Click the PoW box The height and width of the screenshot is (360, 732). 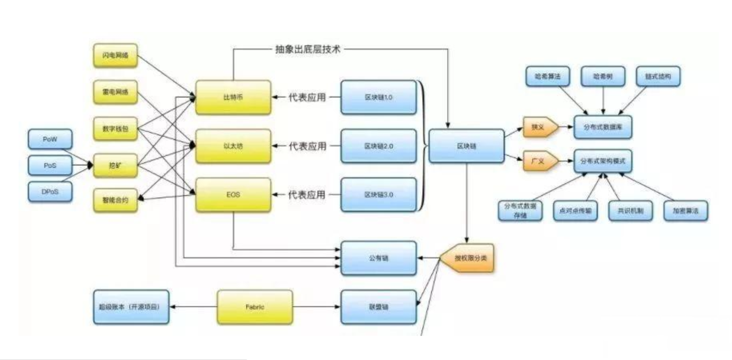(x=50, y=139)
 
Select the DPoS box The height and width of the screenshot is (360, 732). (x=50, y=192)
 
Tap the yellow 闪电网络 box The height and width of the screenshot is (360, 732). (x=115, y=55)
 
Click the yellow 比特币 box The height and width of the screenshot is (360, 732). (x=233, y=97)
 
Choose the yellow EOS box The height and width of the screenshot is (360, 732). (x=233, y=195)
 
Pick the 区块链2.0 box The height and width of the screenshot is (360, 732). (x=378, y=146)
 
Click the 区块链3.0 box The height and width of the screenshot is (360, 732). (x=378, y=195)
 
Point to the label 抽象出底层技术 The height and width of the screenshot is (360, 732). (x=308, y=49)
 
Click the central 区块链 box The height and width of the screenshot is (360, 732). (x=466, y=146)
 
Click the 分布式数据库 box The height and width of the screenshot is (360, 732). (x=603, y=127)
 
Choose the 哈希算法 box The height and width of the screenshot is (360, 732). (x=548, y=76)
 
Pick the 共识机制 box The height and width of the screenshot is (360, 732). (x=630, y=211)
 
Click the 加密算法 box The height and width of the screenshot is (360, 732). (x=686, y=211)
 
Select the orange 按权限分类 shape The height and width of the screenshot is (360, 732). (x=469, y=258)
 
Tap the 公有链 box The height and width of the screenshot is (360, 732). (x=378, y=258)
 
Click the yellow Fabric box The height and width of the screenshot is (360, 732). (x=254, y=307)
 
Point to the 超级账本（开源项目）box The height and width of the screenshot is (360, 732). (x=131, y=307)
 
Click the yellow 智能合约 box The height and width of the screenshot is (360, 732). (x=115, y=200)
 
